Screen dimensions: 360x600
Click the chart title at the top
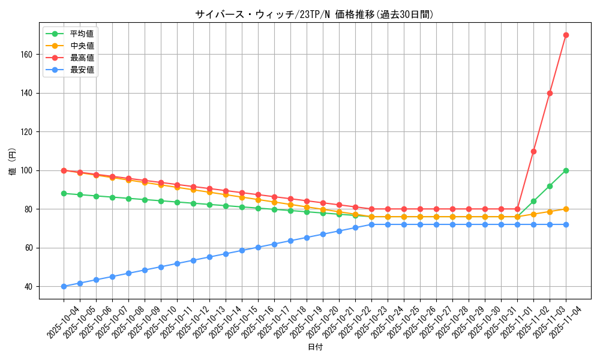pyautogui.click(x=314, y=14)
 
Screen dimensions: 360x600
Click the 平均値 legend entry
pyautogui.click(x=82, y=34)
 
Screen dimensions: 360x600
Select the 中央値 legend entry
pyautogui.click(x=82, y=46)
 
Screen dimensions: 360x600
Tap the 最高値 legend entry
pyautogui.click(x=82, y=58)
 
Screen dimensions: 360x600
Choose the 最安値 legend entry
pyautogui.click(x=82, y=70)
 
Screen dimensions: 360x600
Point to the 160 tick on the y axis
pyautogui.click(x=28, y=55)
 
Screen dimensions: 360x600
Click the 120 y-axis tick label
pyautogui.click(x=28, y=132)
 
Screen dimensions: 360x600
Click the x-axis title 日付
pyautogui.click(x=315, y=347)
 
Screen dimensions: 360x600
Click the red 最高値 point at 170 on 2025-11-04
pyautogui.click(x=566, y=35)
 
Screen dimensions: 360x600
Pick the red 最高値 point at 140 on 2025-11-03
pyautogui.click(x=550, y=93)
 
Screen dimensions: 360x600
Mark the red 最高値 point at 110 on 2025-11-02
pyautogui.click(x=533, y=151)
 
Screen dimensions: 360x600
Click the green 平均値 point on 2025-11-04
pyautogui.click(x=566, y=170)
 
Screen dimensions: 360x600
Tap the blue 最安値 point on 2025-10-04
pyautogui.click(x=64, y=286)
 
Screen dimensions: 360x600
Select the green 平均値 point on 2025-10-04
pyautogui.click(x=64, y=193)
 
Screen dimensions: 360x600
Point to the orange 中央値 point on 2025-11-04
pyautogui.click(x=566, y=209)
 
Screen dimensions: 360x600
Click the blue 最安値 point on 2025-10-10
pyautogui.click(x=161, y=267)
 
